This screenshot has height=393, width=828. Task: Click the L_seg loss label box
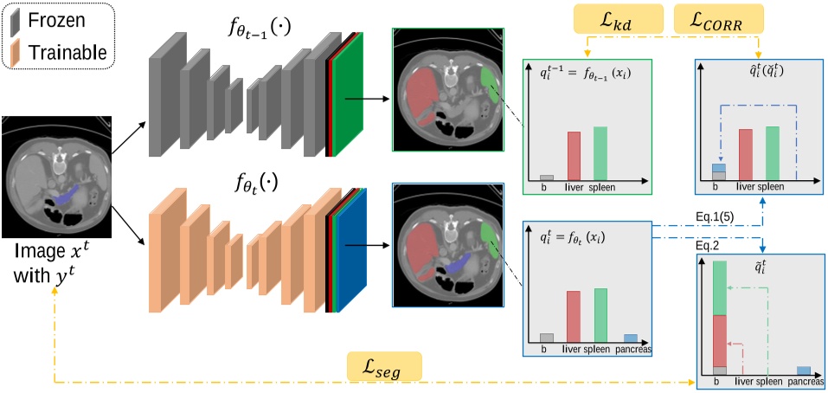point(383,369)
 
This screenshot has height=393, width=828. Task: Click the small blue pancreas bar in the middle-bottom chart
point(631,338)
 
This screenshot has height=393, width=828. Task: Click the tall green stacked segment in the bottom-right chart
point(719,287)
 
